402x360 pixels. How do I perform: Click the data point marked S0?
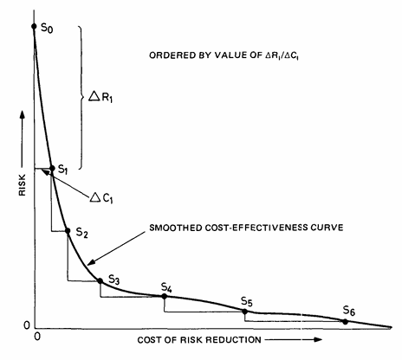[x=34, y=27]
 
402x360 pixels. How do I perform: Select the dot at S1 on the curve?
[x=51, y=169]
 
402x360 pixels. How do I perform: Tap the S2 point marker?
[x=68, y=231]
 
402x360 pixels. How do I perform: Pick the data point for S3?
[x=100, y=280]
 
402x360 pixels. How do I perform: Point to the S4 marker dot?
[x=165, y=297]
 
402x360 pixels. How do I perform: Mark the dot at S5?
[x=245, y=311]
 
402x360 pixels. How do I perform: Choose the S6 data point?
[x=345, y=322]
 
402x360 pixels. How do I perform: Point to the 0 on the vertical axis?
[x=25, y=325]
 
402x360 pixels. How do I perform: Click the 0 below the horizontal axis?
[x=36, y=337]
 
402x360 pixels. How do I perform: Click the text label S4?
[x=167, y=286]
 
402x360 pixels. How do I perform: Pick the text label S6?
[x=348, y=310]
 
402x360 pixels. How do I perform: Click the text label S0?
[x=48, y=30]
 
